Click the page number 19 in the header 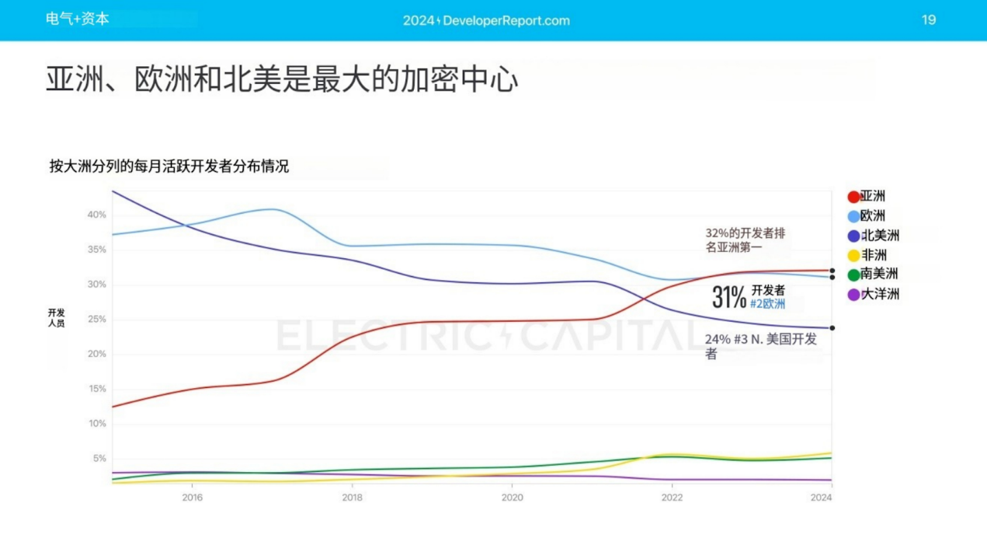pyautogui.click(x=929, y=20)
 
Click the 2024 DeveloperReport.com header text pyautogui.click(x=486, y=21)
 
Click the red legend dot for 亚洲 pyautogui.click(x=853, y=197)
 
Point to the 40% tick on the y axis pyautogui.click(x=96, y=215)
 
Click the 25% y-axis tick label pyautogui.click(x=96, y=320)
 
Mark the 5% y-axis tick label pyautogui.click(x=99, y=459)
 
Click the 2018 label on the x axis pyautogui.click(x=352, y=498)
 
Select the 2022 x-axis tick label pyautogui.click(x=672, y=498)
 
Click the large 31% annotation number pyautogui.click(x=729, y=296)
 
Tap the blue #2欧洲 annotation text pyautogui.click(x=767, y=304)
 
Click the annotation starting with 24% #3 pyautogui.click(x=760, y=346)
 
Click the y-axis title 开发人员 pyautogui.click(x=56, y=318)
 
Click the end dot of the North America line pyautogui.click(x=832, y=328)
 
